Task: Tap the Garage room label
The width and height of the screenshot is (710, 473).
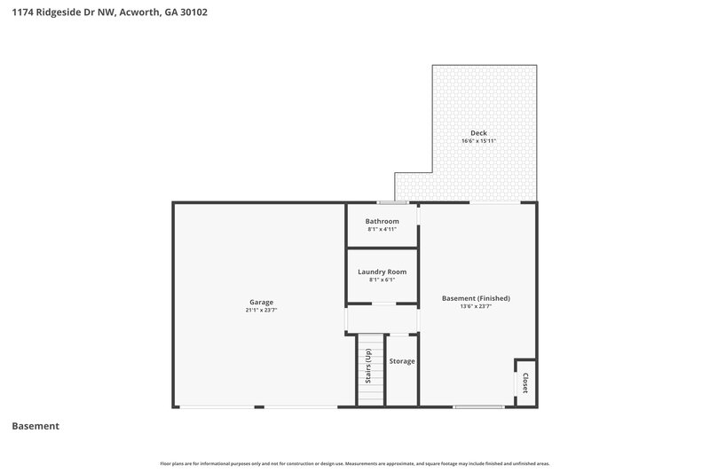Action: click(x=261, y=302)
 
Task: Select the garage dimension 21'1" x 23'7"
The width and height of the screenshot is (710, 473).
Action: click(x=261, y=311)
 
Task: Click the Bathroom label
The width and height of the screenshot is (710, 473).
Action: click(x=382, y=221)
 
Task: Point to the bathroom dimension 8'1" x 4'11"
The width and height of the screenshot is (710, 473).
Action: click(x=382, y=229)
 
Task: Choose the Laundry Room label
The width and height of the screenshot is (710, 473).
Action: click(x=382, y=272)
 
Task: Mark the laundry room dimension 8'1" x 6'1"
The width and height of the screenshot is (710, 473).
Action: click(x=382, y=280)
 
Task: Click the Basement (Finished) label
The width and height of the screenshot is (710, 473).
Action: click(x=476, y=298)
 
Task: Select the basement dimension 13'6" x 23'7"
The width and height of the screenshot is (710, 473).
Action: click(x=476, y=307)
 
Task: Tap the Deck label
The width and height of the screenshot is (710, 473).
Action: click(x=478, y=133)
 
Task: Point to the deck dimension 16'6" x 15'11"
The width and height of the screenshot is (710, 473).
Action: click(x=478, y=141)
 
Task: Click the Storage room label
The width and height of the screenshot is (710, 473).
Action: click(x=402, y=361)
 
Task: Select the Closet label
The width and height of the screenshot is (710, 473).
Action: click(x=525, y=382)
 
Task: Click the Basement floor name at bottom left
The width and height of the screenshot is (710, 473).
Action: click(x=35, y=426)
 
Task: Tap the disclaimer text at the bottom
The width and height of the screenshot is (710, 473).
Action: click(x=355, y=463)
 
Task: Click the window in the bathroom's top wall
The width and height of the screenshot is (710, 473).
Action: click(x=380, y=203)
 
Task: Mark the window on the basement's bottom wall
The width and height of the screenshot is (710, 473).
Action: click(x=478, y=406)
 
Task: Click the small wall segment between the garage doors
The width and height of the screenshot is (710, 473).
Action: click(x=258, y=406)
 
